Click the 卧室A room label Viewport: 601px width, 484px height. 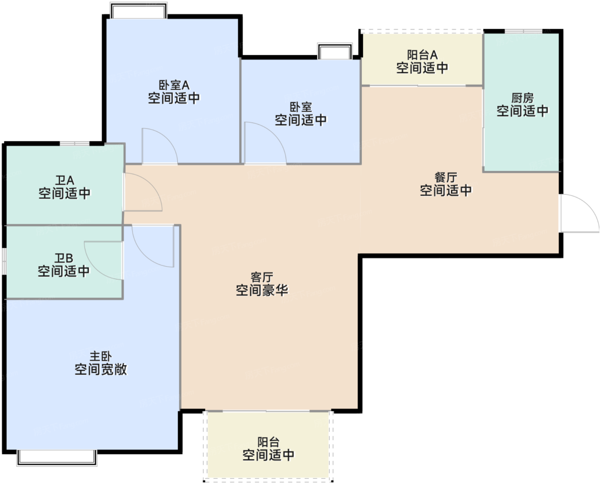click(174, 85)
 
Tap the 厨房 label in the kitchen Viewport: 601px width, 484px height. click(522, 98)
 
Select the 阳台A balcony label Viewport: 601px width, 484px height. click(422, 55)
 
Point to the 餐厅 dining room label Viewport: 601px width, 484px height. click(446, 177)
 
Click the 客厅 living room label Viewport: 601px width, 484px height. click(262, 277)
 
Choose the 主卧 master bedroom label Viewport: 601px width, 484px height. click(100, 356)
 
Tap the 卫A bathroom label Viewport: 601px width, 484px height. click(64, 180)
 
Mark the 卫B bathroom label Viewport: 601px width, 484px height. click(64, 258)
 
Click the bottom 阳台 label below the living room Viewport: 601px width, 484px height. click(268, 442)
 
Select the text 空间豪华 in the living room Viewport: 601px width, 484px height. click(262, 290)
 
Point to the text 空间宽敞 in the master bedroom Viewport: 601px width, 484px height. click(101, 370)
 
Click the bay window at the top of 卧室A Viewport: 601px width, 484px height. click(139, 10)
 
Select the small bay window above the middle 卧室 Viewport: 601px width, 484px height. click(335, 51)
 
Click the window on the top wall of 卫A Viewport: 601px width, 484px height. click(75, 143)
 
